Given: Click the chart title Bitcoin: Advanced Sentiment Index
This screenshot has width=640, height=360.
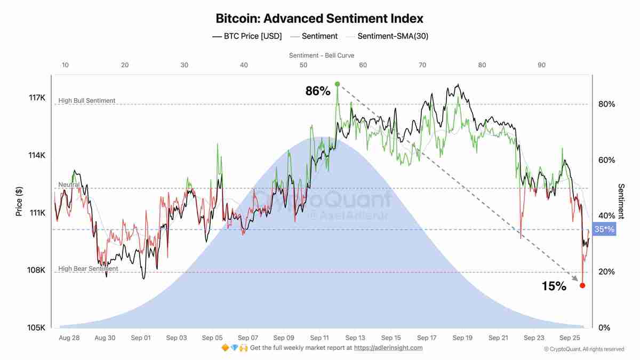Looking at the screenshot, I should [319, 18].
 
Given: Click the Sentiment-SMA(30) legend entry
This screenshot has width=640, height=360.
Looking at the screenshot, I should [392, 36].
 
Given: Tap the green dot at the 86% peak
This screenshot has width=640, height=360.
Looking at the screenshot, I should [337, 84].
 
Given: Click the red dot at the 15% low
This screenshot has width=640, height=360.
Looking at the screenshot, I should [582, 286].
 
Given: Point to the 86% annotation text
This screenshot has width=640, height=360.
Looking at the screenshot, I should [318, 91].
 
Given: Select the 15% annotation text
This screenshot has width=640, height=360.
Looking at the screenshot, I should [554, 286].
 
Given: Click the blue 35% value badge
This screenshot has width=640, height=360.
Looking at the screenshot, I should [604, 230].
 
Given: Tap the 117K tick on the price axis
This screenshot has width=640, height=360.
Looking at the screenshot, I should [37, 98].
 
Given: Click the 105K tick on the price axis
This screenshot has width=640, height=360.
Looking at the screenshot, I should [37, 327].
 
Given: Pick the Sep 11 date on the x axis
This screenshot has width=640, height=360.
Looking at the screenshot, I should [319, 338].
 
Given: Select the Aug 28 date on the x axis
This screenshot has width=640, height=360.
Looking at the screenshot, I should [69, 338].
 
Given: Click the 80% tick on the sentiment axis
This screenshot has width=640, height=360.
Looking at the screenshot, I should [606, 105].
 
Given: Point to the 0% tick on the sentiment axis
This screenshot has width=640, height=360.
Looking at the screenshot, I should [604, 327].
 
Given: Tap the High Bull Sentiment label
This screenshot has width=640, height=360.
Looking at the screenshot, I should [86, 101].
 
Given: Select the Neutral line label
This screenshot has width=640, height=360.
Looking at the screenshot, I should [69, 185].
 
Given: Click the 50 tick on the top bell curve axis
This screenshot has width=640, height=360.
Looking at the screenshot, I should [303, 65].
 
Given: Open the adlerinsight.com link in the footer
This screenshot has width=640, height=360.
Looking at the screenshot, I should [388, 348].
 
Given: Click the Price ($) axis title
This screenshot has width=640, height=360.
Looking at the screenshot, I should [19, 202].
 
